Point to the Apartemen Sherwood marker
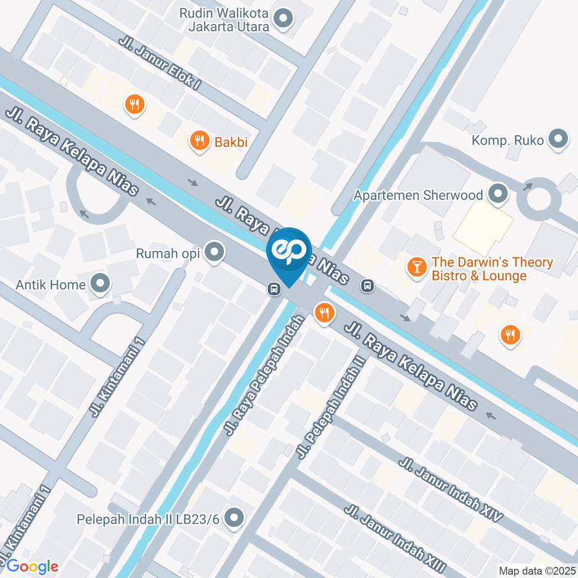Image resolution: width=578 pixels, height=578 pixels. tap(498, 194)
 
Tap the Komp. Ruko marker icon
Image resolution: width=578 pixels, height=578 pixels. tap(559, 140)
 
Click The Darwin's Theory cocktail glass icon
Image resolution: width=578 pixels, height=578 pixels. tap(416, 266)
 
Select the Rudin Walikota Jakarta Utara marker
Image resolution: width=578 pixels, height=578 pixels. tap(282, 20)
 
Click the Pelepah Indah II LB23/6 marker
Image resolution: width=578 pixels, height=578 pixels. tap(234, 517)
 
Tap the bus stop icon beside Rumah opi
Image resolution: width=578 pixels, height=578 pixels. tap(274, 289)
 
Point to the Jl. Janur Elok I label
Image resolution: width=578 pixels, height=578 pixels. tap(160, 63)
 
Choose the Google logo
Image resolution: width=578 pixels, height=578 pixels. tap(32, 566)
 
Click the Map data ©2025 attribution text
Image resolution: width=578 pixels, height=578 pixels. tap(537, 570)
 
